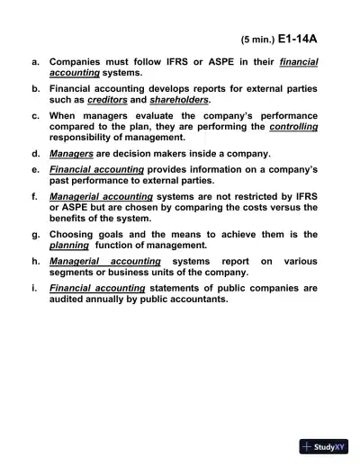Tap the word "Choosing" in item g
click(x=75, y=233)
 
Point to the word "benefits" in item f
click(x=72, y=219)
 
